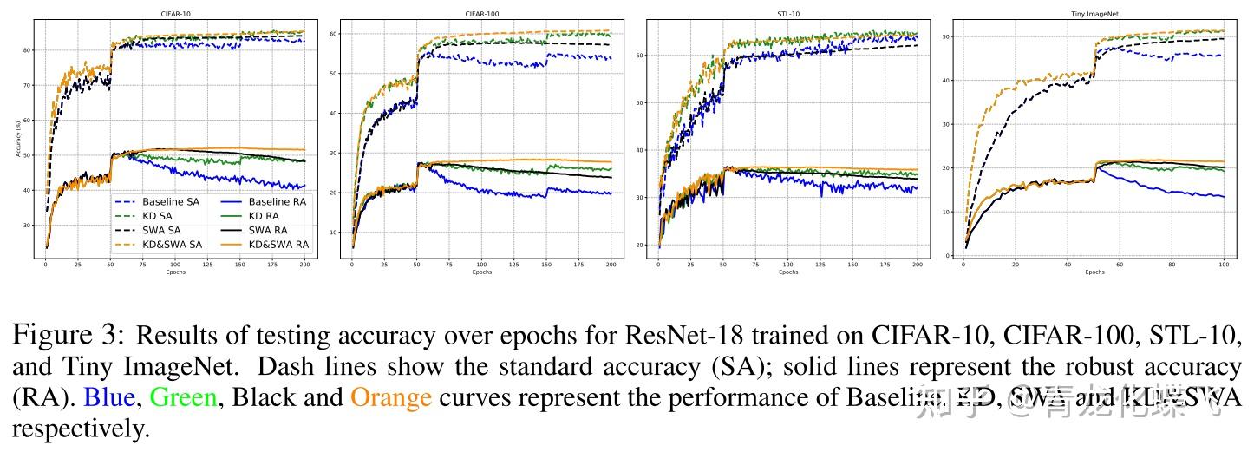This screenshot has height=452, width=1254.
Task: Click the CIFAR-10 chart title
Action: click(x=175, y=14)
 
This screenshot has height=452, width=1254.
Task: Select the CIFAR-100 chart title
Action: click(x=481, y=14)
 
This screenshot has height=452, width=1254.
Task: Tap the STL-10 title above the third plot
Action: click(x=787, y=14)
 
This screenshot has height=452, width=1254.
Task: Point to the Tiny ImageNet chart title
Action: click(x=1093, y=14)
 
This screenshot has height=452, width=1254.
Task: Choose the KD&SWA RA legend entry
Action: click(x=277, y=245)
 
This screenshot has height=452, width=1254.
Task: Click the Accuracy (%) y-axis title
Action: click(x=17, y=139)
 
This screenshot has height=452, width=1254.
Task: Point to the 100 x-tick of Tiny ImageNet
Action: click(x=1224, y=264)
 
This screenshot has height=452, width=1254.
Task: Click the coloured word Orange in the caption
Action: click(x=390, y=397)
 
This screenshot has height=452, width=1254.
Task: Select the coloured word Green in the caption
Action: click(x=184, y=397)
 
